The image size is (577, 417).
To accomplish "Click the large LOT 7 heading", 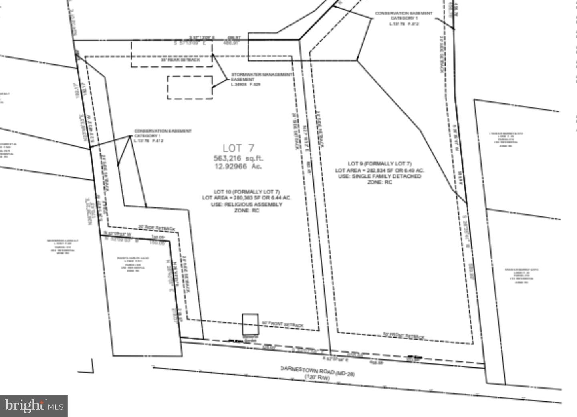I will click(x=238, y=148).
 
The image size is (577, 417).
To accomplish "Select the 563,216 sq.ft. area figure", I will click(x=238, y=158).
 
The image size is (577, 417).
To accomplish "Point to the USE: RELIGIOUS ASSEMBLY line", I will click(x=246, y=204).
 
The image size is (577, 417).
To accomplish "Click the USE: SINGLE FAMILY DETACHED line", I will click(x=379, y=176).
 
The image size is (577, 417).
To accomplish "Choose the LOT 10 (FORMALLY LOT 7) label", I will click(x=246, y=191).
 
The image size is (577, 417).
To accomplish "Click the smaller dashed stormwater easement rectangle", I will click(x=190, y=87).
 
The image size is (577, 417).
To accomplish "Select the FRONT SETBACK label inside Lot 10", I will click(x=282, y=324).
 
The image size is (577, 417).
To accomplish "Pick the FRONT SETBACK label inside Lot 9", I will click(x=403, y=336).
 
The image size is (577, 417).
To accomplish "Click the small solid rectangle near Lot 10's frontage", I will click(x=250, y=324).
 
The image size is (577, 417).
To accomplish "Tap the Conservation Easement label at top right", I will click(x=404, y=18).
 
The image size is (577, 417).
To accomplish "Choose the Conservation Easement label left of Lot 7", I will click(x=162, y=136).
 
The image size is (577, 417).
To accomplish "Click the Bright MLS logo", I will click(x=34, y=406).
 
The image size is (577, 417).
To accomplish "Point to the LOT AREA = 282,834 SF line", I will click(x=379, y=170).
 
